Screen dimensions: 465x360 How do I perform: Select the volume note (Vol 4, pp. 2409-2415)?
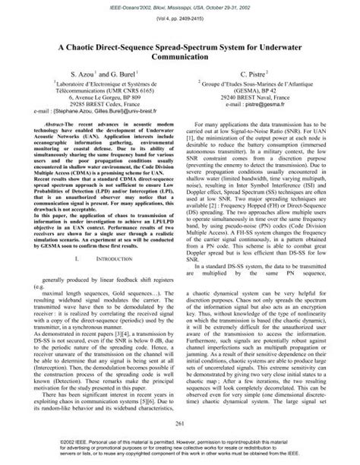tap(180, 16)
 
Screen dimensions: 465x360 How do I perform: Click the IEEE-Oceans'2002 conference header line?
tap(180, 5)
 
